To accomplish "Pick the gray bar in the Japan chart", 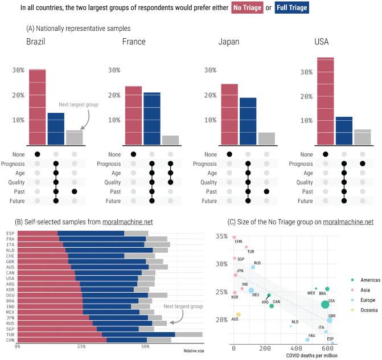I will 266,138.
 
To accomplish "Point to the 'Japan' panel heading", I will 230,42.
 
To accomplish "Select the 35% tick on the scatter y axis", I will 221,236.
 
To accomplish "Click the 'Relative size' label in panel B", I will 194,351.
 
